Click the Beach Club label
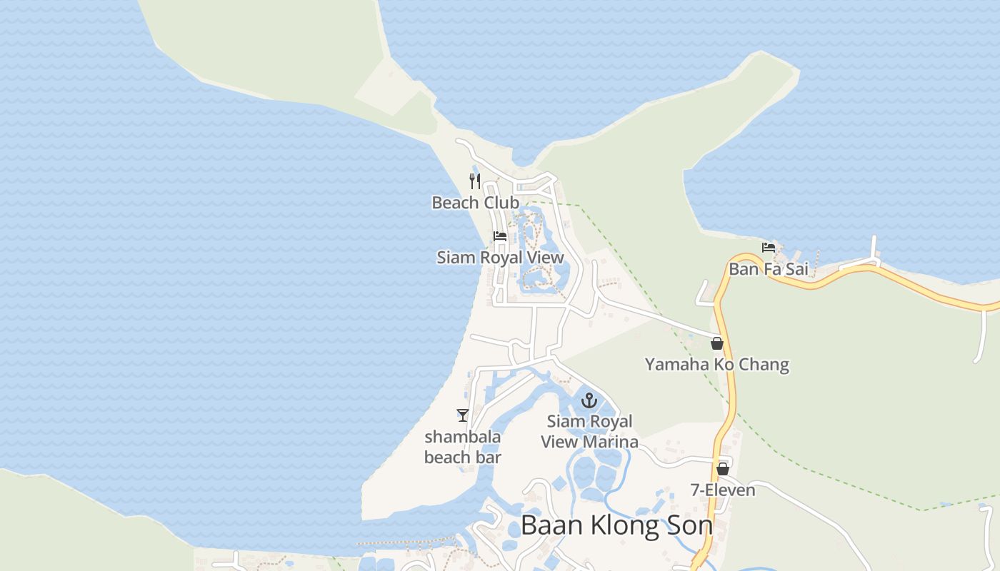pos(475,203)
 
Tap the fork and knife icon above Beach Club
pos(475,181)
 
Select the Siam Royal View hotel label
pos(500,258)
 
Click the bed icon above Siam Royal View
pos(500,236)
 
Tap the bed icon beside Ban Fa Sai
pos(769,248)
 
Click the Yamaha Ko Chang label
pos(716,365)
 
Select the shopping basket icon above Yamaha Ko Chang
pos(717,343)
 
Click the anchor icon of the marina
pos(589,400)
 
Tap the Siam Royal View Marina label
pos(589,432)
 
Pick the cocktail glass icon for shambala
pos(463,415)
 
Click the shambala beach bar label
pos(463,447)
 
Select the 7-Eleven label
pos(723,490)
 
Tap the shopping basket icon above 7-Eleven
pos(723,469)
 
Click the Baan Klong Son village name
pos(616,525)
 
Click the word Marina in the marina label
pos(610,442)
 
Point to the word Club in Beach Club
pos(501,203)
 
